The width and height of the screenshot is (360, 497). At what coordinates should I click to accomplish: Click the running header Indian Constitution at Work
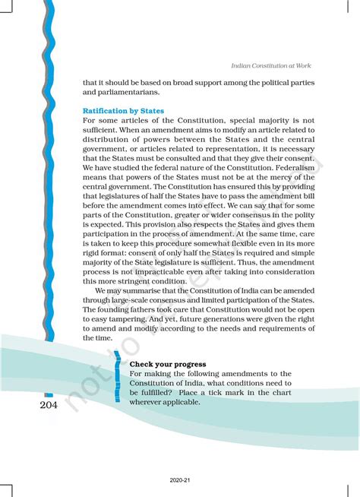[270, 66]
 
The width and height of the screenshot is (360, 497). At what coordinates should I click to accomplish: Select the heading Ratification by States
[123, 110]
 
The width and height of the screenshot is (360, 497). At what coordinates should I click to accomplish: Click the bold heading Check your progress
[168, 363]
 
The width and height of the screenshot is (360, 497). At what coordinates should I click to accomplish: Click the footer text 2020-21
[180, 481]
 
